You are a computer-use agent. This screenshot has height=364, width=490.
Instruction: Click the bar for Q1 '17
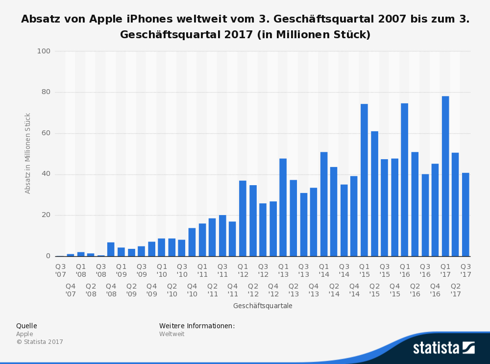coord(445,176)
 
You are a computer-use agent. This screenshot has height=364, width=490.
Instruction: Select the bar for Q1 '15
coord(364,180)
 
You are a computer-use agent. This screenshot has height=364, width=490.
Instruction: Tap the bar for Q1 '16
coord(404,180)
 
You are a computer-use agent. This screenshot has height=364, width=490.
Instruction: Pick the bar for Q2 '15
coord(374,194)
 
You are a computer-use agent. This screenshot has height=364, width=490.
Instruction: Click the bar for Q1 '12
coord(243,218)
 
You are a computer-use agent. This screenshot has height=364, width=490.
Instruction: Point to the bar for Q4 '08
coord(111,249)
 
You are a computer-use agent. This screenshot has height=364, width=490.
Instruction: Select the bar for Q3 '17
coord(465,215)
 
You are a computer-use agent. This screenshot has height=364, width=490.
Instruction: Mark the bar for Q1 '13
coord(283,207)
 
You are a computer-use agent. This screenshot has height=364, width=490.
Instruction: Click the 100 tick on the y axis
coord(44,51)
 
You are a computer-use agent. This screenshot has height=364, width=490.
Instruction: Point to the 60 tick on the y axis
coord(46,133)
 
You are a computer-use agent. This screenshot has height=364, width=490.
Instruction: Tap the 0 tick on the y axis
coord(48,256)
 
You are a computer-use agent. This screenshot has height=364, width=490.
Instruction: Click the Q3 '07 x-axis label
coord(61,270)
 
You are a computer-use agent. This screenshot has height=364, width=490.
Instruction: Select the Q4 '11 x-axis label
coord(232,290)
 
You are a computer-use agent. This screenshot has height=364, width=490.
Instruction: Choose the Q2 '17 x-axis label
coord(456,290)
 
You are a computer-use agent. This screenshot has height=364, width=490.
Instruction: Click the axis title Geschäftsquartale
coord(263,306)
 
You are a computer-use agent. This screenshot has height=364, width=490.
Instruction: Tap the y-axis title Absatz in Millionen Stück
coord(27,153)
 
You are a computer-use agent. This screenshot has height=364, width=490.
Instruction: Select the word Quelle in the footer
coord(26,326)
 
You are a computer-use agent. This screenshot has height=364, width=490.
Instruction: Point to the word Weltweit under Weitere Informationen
coord(172,334)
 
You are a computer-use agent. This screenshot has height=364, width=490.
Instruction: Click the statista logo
coord(444,348)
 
